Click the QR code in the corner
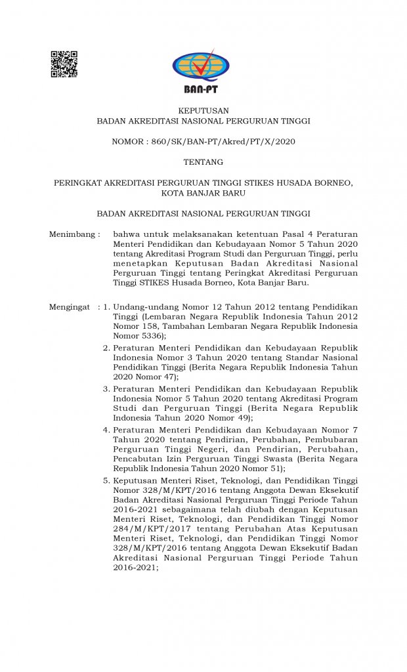(64, 64)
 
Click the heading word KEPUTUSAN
(203, 110)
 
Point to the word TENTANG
(203, 162)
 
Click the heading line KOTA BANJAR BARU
(203, 193)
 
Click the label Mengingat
(70, 306)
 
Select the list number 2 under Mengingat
(106, 347)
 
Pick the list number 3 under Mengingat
(106, 388)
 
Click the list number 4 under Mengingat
(106, 429)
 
